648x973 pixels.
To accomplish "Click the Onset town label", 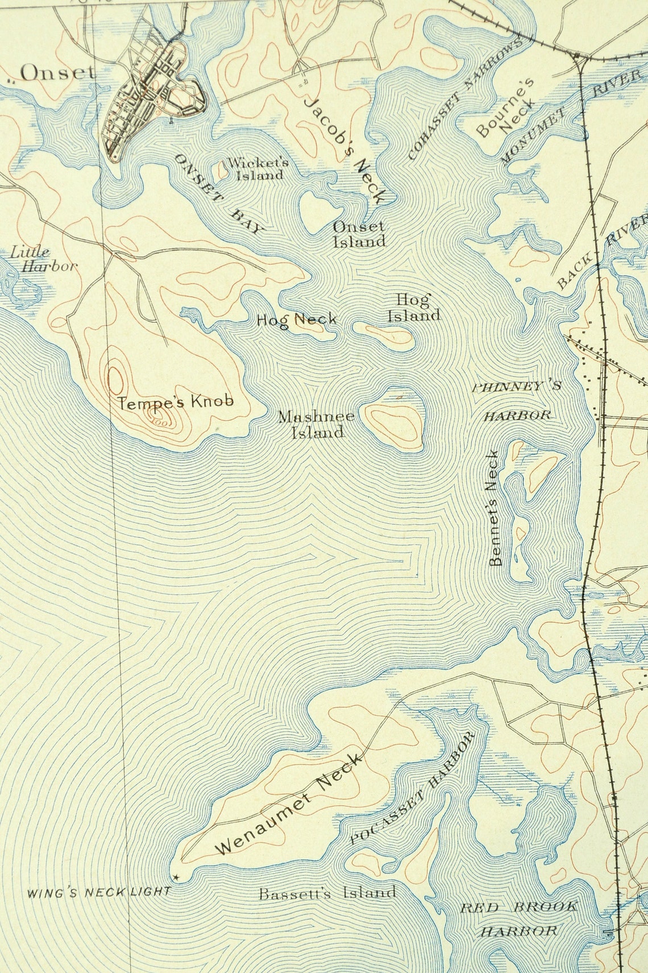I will click(57, 73).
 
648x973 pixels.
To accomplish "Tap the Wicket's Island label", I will click(258, 169).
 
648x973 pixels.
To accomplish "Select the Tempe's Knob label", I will click(176, 401).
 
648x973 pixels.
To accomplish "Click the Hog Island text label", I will click(414, 307).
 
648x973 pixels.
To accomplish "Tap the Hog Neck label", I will click(296, 320).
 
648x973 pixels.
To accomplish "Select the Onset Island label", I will click(359, 234).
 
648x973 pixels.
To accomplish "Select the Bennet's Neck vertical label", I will click(495, 508).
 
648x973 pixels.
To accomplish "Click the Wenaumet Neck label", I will click(288, 804).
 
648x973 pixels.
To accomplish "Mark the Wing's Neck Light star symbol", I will click(176, 878).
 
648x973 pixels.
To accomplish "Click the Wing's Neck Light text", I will click(99, 892).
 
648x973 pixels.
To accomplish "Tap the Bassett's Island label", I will click(327, 893).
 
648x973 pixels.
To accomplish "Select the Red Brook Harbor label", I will click(518, 918).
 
